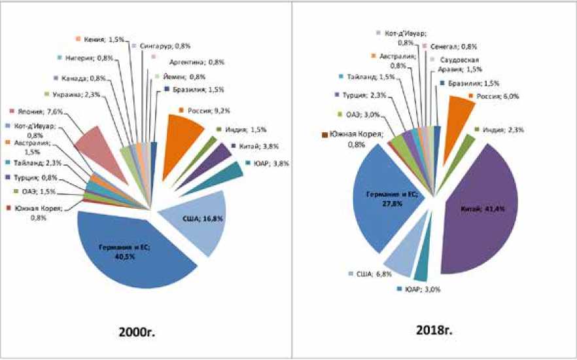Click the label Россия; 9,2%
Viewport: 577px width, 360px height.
(202, 111)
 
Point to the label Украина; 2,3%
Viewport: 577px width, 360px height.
(71, 94)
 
